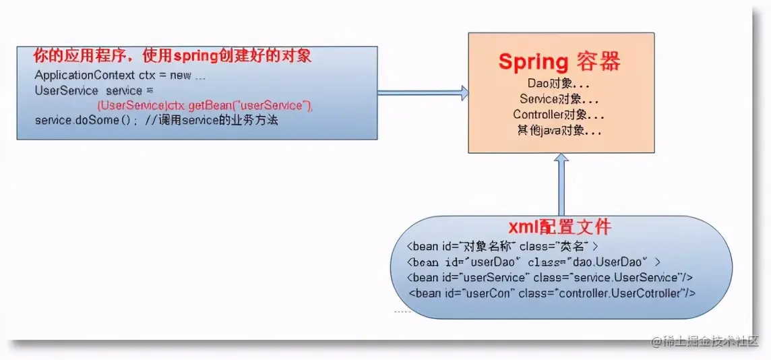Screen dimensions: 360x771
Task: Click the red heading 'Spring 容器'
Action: pyautogui.click(x=559, y=62)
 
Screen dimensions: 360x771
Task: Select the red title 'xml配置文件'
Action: pyautogui.click(x=560, y=225)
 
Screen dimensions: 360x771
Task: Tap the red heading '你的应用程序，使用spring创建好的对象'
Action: pyautogui.click(x=173, y=55)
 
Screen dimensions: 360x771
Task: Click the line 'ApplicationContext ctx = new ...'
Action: pyautogui.click(x=120, y=76)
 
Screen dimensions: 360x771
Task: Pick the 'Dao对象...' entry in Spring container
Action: pyautogui.click(x=560, y=84)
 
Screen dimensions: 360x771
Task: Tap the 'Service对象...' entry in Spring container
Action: pyautogui.click(x=560, y=99)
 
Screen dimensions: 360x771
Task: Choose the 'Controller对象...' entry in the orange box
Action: pyautogui.click(x=559, y=115)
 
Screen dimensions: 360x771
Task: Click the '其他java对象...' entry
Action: pyautogui.click(x=559, y=131)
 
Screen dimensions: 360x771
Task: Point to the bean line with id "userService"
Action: pyautogui.click(x=550, y=277)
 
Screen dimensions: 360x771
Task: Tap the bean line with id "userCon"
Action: pyautogui.click(x=551, y=293)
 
